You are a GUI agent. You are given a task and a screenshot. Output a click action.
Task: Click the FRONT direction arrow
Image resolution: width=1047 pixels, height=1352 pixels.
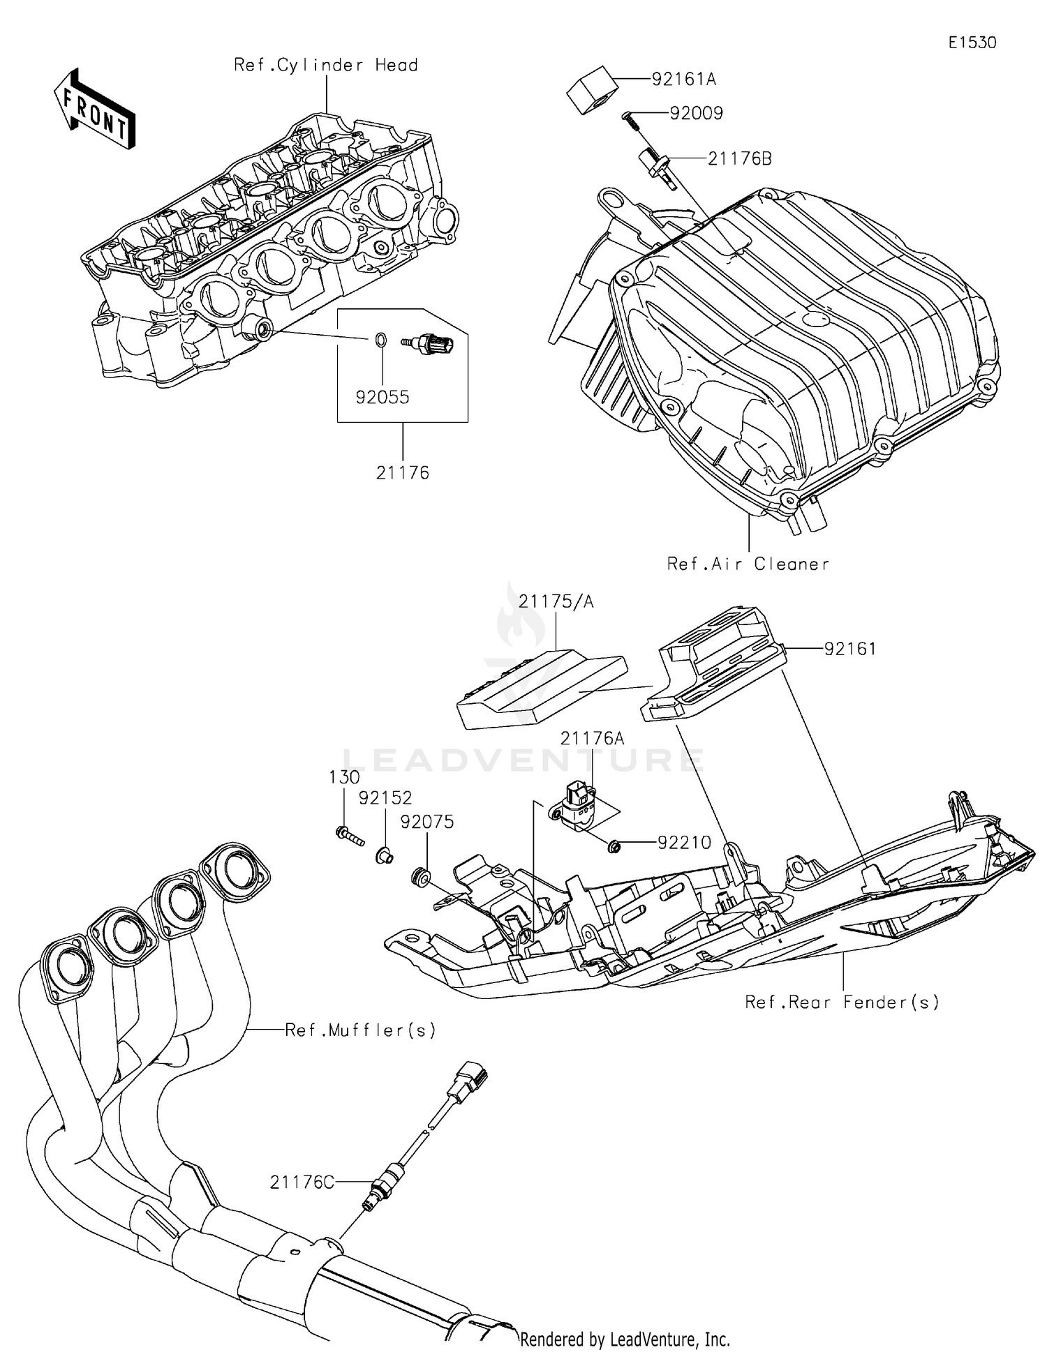point(94,110)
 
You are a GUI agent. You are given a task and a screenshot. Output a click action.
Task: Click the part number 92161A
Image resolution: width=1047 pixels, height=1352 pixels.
point(683,80)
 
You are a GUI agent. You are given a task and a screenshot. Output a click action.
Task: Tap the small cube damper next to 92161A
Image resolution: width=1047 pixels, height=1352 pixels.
point(591,89)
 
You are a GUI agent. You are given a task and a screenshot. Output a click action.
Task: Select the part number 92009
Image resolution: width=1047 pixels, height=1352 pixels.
point(696,114)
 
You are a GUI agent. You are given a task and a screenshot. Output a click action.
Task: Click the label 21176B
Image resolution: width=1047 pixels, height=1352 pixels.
point(739,159)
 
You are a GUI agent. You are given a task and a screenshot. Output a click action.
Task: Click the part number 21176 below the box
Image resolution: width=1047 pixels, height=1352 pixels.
point(402,473)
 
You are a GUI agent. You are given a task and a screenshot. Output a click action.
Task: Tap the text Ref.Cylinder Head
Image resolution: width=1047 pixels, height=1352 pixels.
point(325,66)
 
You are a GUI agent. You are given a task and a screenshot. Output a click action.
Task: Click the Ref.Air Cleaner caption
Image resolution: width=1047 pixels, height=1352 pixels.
point(748,564)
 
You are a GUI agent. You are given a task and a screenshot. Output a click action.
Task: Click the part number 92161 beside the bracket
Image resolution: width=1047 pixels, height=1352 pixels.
point(849,649)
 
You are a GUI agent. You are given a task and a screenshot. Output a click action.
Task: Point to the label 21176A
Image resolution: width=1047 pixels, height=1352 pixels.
point(592,738)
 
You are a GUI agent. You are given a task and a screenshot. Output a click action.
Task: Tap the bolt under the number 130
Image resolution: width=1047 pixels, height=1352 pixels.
point(349,835)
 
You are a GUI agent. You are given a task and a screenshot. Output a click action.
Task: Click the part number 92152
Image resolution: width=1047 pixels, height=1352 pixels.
point(385,798)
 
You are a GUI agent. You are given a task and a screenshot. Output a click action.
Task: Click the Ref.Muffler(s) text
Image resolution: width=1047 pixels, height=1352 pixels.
point(360,1030)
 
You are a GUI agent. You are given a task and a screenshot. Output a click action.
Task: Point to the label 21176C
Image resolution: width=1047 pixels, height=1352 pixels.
point(302,1182)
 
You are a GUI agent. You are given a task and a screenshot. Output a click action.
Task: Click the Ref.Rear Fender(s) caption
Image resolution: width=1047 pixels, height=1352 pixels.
point(841,1002)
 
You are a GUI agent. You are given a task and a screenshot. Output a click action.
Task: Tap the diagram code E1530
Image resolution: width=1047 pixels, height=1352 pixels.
point(972,43)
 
